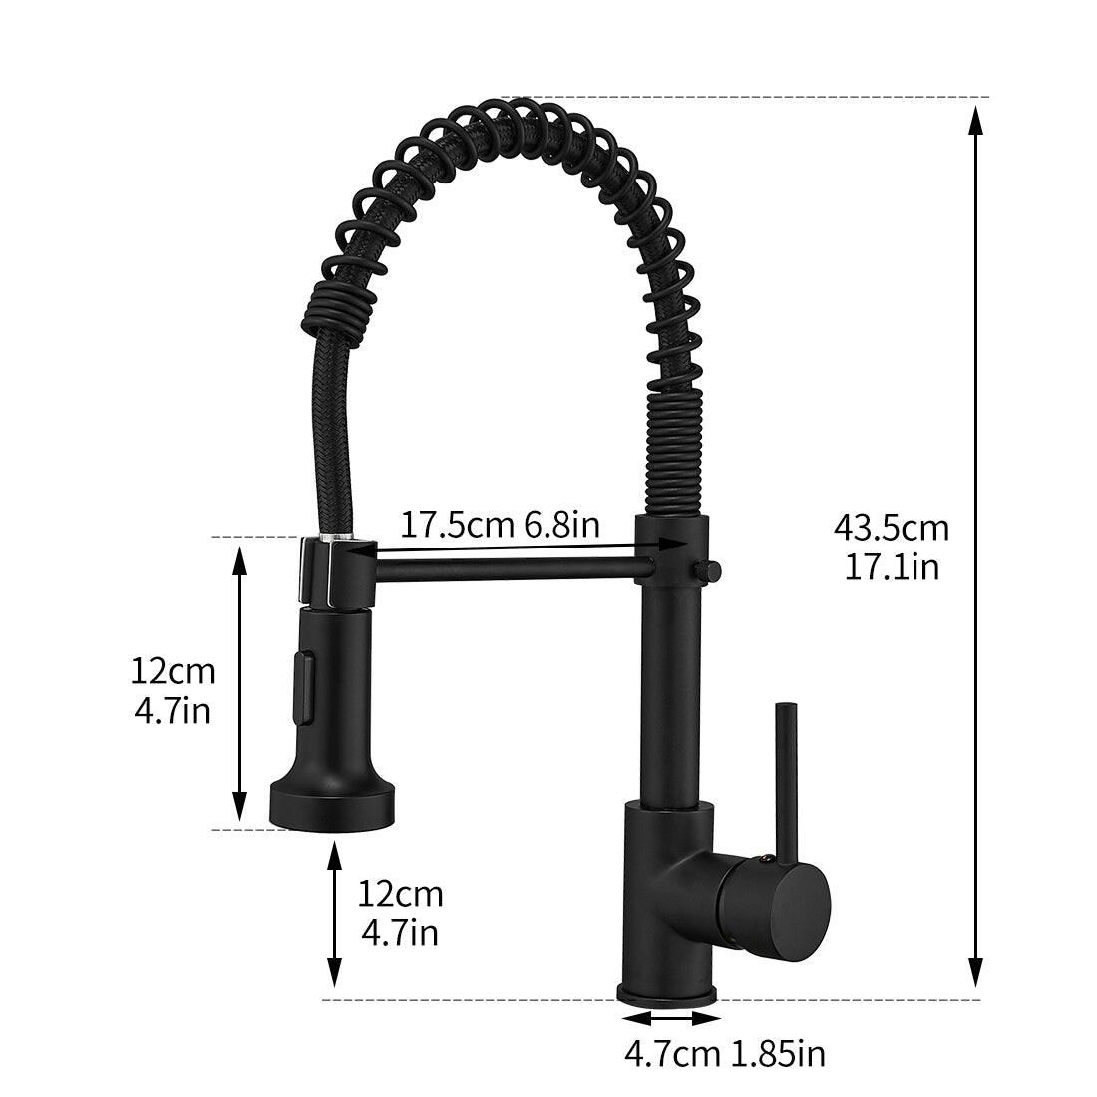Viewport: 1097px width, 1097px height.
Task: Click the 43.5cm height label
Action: [891, 527]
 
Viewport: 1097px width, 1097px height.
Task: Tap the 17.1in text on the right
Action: [891, 566]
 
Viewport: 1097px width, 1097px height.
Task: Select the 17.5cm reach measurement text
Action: [458, 523]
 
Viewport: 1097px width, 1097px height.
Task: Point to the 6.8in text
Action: [562, 523]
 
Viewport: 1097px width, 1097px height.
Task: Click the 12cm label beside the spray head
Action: [173, 670]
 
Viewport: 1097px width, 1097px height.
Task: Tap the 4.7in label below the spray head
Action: [399, 933]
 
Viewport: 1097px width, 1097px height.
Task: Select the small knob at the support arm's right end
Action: [710, 571]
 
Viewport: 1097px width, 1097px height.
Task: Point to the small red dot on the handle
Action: [764, 856]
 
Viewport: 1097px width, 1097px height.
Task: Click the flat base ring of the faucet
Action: [668, 994]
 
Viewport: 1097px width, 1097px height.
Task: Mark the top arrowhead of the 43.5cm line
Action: [976, 118]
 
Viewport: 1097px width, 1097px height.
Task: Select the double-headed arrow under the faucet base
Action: [670, 1018]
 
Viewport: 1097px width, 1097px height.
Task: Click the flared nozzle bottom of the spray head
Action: [333, 802]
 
